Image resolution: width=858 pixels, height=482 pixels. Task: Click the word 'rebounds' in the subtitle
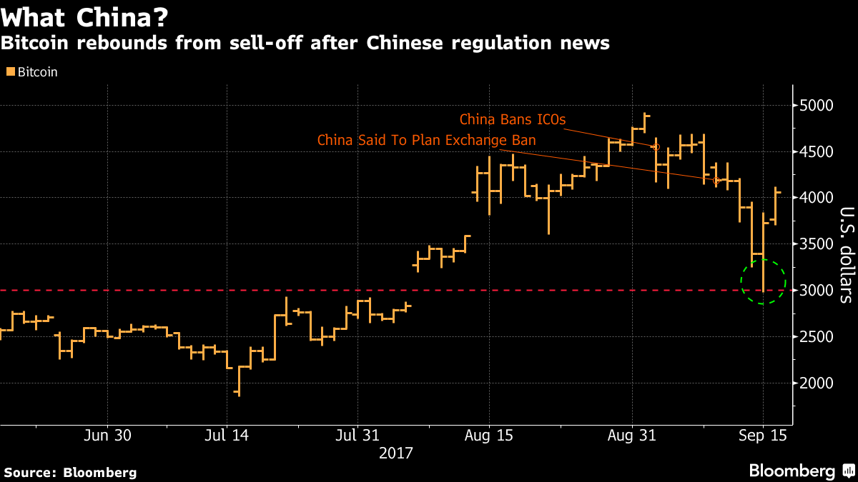click(x=105, y=44)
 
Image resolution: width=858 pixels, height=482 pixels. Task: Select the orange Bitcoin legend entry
click(x=32, y=71)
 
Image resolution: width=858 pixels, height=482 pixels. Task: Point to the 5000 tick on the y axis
click(x=818, y=106)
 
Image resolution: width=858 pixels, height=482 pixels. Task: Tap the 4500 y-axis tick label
click(x=818, y=152)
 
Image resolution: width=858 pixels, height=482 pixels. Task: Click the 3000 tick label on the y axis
click(x=818, y=291)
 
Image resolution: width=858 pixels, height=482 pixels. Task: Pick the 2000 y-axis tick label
click(x=818, y=383)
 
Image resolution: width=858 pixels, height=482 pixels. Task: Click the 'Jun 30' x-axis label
click(x=107, y=436)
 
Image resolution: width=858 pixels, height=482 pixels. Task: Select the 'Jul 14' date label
click(x=227, y=436)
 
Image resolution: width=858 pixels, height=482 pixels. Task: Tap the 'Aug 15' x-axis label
click(x=489, y=436)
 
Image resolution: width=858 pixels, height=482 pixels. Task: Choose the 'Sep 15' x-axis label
click(x=763, y=436)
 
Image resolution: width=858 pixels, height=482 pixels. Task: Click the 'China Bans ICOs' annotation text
click(x=513, y=119)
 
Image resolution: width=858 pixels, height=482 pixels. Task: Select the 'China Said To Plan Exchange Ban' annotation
click(x=426, y=140)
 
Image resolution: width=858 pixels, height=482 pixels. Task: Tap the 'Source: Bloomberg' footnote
click(x=69, y=472)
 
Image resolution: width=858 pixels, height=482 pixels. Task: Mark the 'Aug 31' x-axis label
click(x=632, y=436)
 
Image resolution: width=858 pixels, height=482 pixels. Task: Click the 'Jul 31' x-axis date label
click(x=357, y=436)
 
